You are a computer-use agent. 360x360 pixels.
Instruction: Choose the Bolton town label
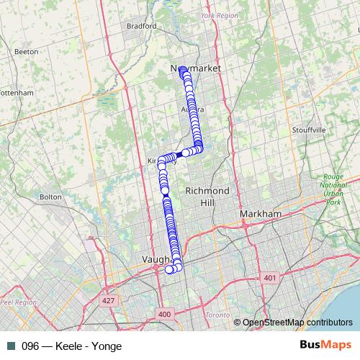(x=51, y=196)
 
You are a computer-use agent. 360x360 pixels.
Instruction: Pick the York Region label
(x=219, y=14)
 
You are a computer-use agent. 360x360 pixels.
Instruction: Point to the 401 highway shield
(x=270, y=277)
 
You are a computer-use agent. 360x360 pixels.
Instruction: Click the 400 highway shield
(x=165, y=314)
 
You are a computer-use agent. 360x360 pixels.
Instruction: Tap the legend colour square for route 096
(x=10, y=346)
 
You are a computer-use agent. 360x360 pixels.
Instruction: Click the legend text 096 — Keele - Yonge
(x=66, y=346)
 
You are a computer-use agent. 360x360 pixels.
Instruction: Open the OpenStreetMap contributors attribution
(x=298, y=322)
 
